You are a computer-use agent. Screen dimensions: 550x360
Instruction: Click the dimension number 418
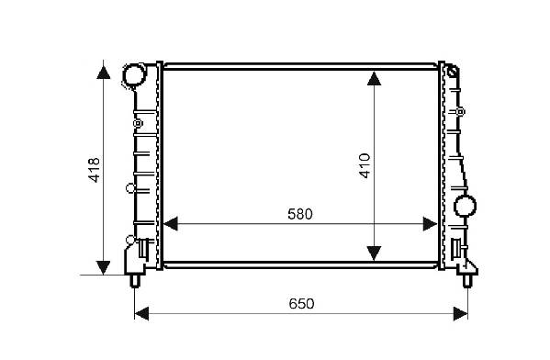[x=95, y=170]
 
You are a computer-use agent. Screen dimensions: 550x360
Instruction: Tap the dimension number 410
[x=365, y=166]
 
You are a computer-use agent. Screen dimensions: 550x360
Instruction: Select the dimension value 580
[x=300, y=214]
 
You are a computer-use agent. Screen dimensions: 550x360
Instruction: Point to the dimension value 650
[x=301, y=303]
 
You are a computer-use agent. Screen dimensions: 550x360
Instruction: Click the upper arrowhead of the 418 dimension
[x=104, y=72]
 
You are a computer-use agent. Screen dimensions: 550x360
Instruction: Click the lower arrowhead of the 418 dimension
[x=104, y=268]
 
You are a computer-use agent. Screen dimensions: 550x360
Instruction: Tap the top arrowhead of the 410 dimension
[x=375, y=78]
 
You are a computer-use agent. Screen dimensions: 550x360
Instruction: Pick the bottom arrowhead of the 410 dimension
[x=375, y=253]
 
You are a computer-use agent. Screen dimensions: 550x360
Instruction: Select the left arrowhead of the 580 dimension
[x=171, y=224]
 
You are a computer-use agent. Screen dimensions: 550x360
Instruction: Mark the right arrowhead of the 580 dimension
[x=430, y=224]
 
